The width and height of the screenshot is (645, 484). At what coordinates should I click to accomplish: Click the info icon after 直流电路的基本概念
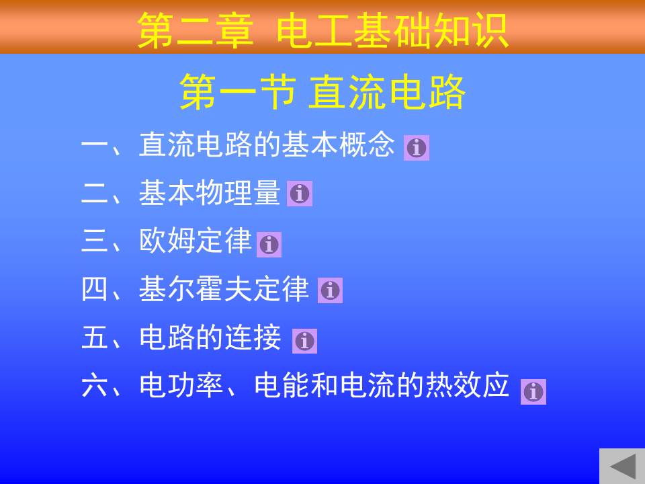(417, 148)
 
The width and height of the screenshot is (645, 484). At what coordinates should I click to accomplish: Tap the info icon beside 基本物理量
(300, 194)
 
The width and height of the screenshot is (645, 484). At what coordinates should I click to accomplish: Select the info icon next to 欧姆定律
(269, 245)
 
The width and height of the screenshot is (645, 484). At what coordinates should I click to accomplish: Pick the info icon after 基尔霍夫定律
(330, 290)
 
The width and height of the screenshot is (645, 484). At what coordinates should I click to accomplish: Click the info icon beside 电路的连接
(304, 341)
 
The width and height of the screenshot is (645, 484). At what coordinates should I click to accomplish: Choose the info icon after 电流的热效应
(533, 392)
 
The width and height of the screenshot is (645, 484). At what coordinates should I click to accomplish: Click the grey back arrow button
(622, 466)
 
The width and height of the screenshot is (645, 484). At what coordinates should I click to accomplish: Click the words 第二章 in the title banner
(195, 30)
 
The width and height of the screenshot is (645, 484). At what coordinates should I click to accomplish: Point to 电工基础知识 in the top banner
(393, 30)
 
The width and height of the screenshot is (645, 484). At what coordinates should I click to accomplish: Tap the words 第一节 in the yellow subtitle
(238, 92)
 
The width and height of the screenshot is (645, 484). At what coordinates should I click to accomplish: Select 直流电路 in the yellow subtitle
(387, 92)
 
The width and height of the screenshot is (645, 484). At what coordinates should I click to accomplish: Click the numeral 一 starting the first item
(95, 145)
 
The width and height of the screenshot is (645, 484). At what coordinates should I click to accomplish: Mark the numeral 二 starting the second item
(95, 193)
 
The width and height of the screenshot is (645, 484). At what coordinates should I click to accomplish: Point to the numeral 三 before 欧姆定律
(95, 241)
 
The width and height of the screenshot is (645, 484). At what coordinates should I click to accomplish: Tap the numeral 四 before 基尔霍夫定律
(95, 288)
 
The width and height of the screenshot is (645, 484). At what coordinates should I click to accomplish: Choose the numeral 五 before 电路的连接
(95, 337)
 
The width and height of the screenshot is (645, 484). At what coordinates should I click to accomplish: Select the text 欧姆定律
(196, 241)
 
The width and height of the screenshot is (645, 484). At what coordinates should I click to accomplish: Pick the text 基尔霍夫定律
(224, 288)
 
